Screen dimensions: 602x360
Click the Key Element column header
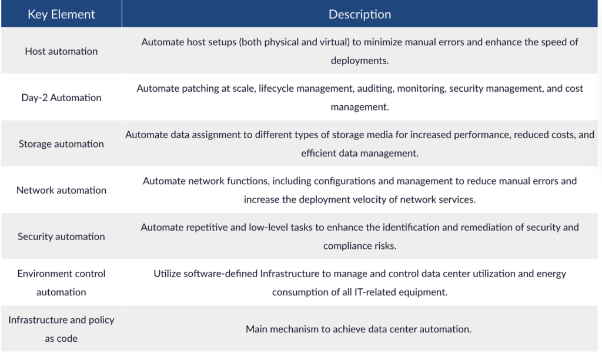[61, 14]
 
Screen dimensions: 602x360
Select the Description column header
[360, 14]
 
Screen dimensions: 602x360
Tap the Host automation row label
[61, 51]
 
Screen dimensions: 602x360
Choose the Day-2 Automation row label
[61, 98]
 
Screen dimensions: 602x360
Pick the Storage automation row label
[61, 144]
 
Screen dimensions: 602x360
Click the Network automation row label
[61, 190]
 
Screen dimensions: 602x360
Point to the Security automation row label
[61, 236]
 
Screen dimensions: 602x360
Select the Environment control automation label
[61, 283]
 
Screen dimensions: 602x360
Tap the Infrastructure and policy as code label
[61, 329]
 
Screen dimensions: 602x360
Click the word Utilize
[167, 274]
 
